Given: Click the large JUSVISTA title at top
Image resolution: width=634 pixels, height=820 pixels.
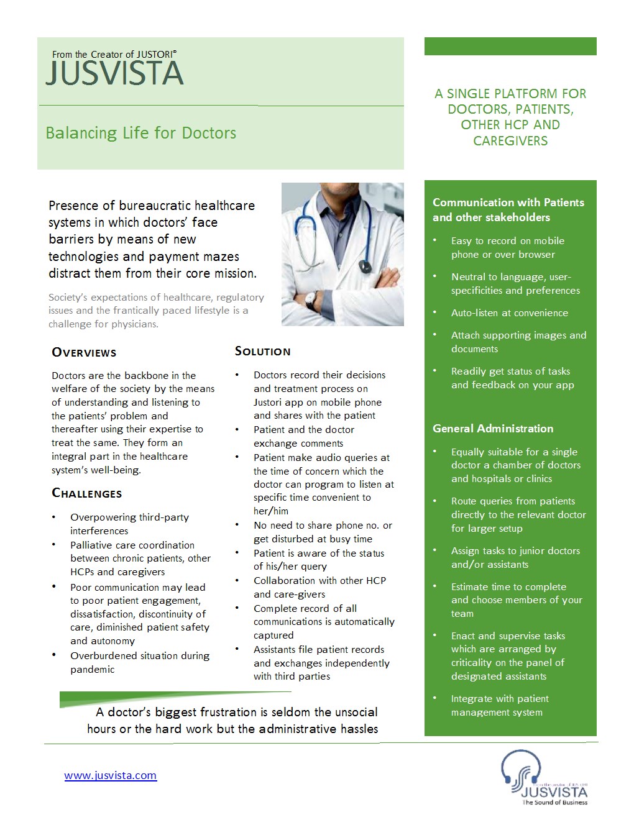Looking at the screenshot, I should click(x=115, y=73).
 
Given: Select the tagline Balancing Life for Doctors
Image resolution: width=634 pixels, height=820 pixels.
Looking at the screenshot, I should click(x=140, y=133).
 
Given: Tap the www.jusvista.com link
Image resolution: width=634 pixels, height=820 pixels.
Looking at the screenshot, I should click(x=111, y=775).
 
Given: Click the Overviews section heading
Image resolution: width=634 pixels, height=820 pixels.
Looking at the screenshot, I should click(x=84, y=352).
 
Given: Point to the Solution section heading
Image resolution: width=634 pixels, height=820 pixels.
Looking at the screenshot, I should click(x=262, y=351).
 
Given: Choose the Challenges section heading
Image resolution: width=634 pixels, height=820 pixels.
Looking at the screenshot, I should click(x=86, y=493).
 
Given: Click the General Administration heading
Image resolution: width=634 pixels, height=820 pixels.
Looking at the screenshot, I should click(x=492, y=428).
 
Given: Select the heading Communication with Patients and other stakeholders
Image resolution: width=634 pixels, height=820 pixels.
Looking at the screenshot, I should click(x=508, y=209).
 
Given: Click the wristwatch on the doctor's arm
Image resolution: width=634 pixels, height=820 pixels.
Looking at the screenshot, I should click(x=311, y=300).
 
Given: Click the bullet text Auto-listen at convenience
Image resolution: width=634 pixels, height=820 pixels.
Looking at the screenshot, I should click(x=509, y=312).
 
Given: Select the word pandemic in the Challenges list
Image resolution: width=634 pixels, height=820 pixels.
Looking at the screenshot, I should click(x=93, y=669).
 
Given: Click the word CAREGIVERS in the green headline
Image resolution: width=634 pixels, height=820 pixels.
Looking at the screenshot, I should click(x=510, y=141).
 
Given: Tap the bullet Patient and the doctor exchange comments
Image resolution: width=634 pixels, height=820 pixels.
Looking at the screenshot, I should click(x=303, y=436).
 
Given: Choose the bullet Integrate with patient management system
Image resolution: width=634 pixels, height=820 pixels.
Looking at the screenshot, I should click(x=499, y=705).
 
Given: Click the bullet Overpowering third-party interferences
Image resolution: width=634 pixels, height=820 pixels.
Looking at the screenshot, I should click(x=129, y=524).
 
